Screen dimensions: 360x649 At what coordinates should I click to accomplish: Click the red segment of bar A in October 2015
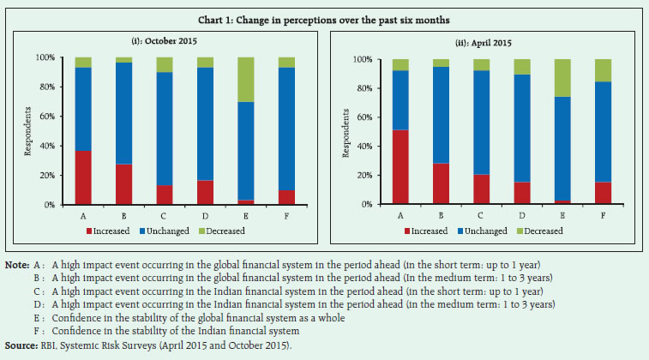tap(82, 177)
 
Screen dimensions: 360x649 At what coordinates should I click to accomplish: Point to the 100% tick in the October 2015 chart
tap(45, 57)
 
